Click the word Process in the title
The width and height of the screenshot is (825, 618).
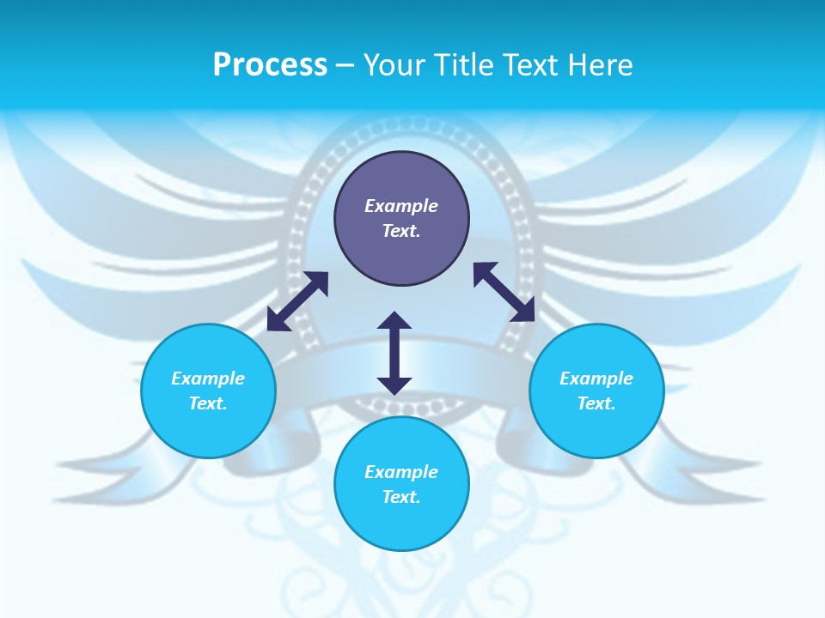tap(270, 65)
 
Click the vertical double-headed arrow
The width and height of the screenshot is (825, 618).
tap(394, 353)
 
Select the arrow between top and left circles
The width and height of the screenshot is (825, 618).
tap(297, 301)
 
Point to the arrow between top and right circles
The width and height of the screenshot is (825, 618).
tap(504, 292)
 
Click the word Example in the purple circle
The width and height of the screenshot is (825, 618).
tap(401, 206)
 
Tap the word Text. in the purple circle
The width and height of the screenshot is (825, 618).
tap(401, 231)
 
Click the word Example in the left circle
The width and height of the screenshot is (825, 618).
tap(208, 379)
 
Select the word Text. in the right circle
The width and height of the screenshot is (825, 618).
tap(596, 403)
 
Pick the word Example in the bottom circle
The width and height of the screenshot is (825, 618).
tap(401, 472)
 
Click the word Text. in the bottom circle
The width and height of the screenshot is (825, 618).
tap(401, 497)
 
